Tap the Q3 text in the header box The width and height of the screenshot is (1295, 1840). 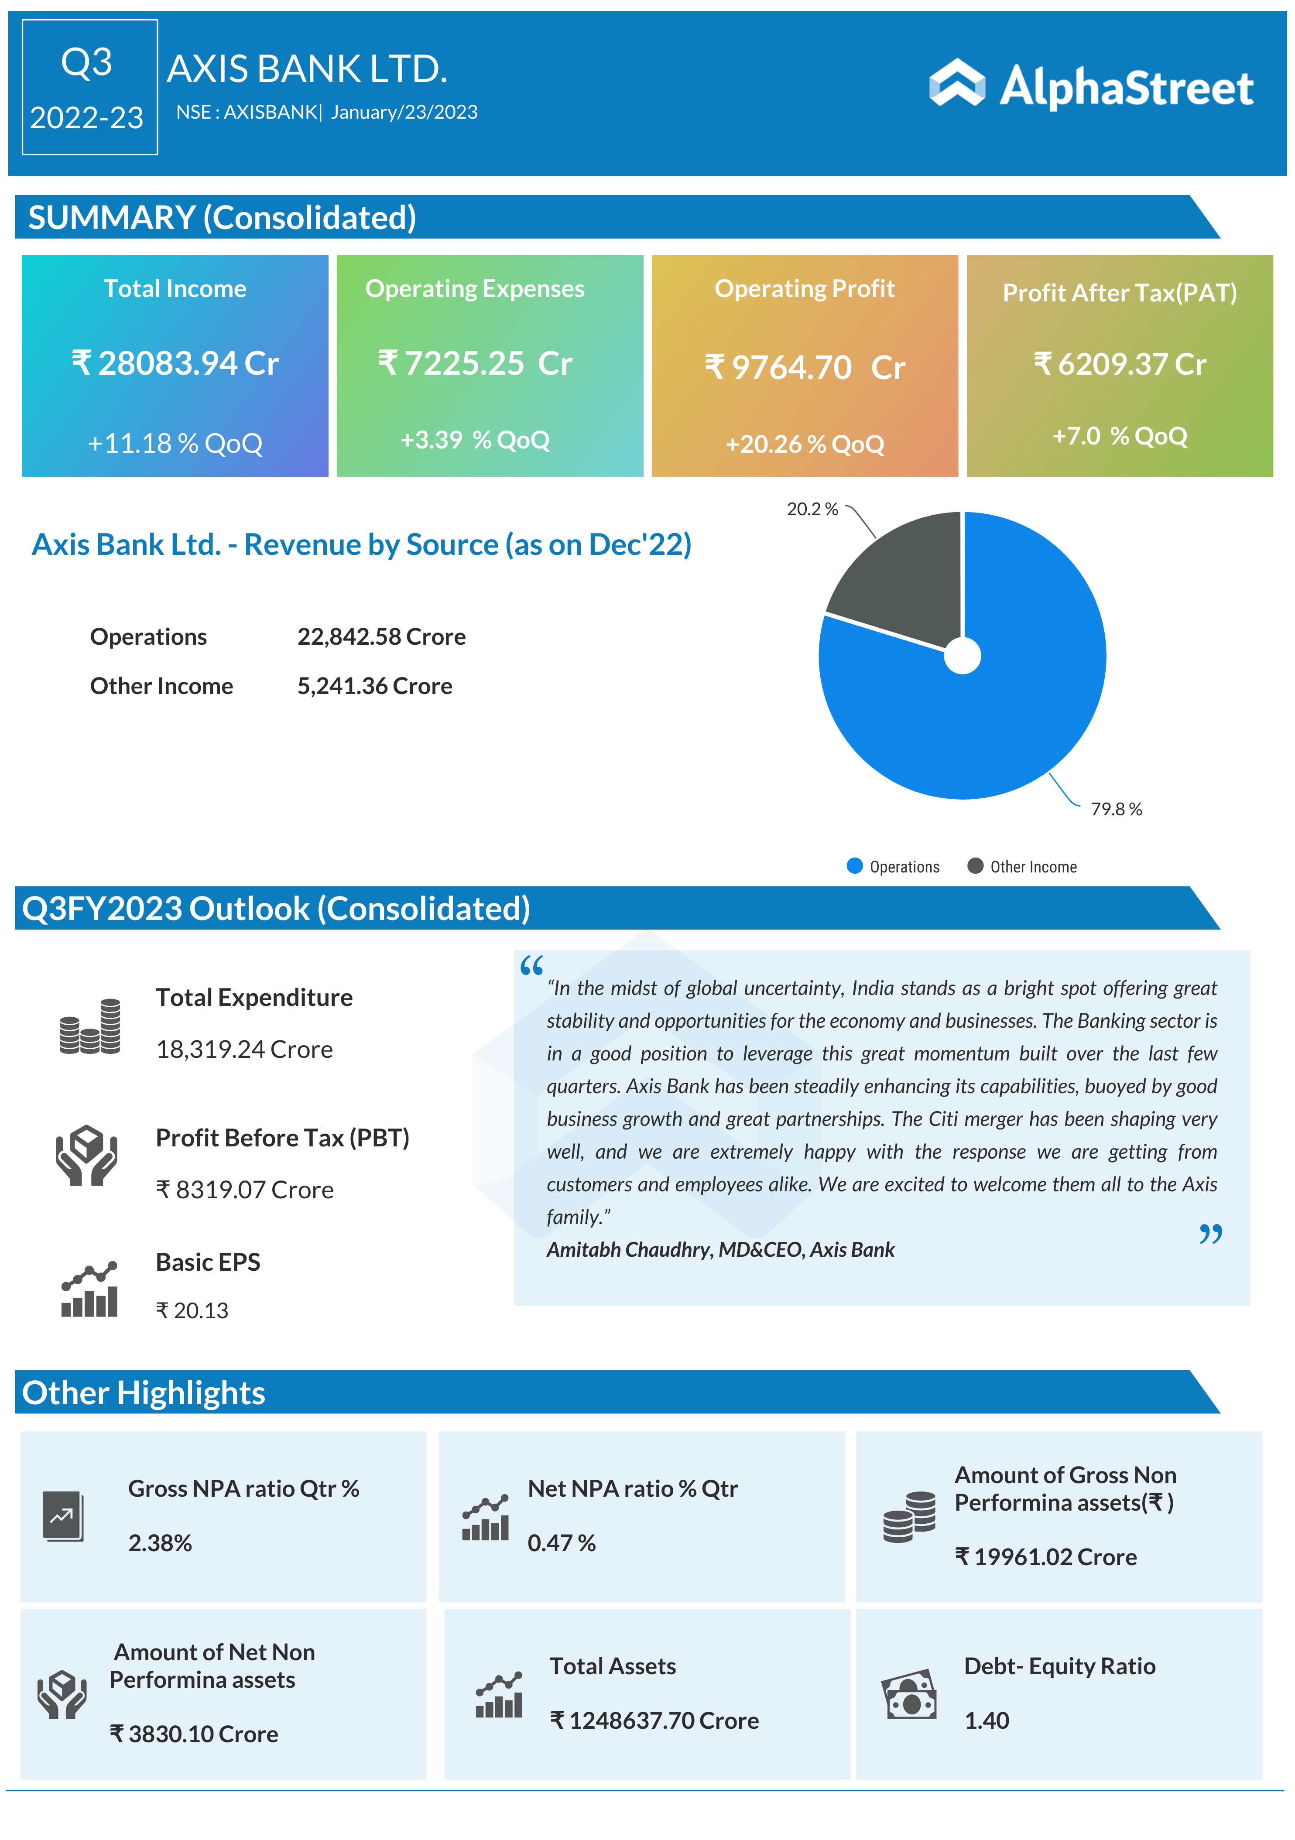click(x=86, y=62)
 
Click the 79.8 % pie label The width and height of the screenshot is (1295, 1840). click(x=1116, y=809)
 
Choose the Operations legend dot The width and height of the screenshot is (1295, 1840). click(x=854, y=865)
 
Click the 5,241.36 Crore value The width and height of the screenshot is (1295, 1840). click(x=374, y=686)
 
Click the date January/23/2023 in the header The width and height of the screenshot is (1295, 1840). click(x=404, y=112)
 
